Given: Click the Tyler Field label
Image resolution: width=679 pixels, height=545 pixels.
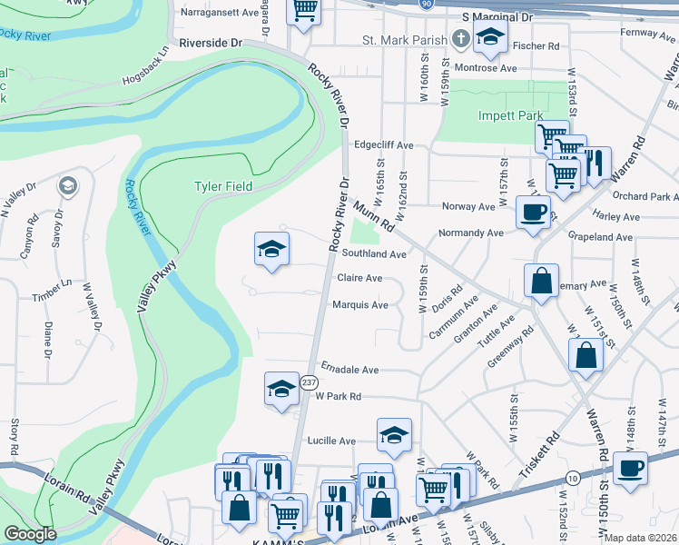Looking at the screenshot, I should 222,186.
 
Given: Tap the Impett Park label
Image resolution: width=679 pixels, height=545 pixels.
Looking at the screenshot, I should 510,115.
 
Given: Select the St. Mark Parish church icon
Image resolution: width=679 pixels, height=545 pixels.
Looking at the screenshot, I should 461,40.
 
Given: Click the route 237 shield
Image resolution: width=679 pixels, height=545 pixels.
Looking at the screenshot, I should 309,381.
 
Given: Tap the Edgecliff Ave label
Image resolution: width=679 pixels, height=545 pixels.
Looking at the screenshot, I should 384,144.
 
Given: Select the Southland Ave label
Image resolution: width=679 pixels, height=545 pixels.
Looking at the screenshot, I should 373,254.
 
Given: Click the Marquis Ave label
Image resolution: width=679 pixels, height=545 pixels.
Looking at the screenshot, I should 360,305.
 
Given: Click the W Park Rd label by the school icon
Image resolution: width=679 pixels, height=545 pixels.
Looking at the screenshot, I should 338,396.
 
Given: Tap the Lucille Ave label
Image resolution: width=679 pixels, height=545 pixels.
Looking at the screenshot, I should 334,441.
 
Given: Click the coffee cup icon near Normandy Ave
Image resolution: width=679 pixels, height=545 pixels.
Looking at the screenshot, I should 533,213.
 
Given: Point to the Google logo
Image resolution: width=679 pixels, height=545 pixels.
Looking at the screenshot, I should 29,534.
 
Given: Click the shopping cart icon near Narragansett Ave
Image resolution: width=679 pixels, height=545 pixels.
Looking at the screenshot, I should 304,11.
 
